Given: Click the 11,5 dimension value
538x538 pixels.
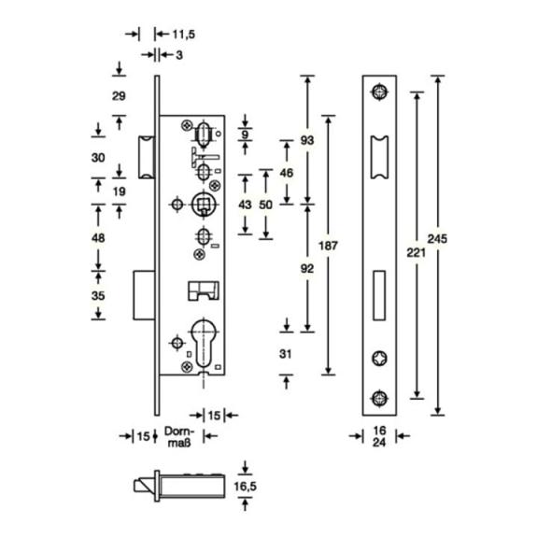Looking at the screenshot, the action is [x=184, y=35].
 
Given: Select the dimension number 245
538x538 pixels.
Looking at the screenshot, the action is [x=437, y=238].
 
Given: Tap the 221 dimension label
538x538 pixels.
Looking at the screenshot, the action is [x=416, y=253].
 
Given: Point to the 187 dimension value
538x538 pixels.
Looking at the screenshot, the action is [x=328, y=246].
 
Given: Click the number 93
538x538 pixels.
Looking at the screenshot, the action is [x=307, y=140].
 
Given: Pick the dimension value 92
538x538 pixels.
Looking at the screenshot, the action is [x=307, y=269].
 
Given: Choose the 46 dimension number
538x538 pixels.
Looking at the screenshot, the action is [x=287, y=173].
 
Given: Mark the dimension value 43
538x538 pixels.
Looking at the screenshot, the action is [x=245, y=205].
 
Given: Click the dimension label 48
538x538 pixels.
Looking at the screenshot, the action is [x=98, y=237].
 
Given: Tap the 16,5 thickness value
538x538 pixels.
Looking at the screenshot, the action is [x=245, y=487].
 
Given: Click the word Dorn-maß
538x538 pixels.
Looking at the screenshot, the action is [x=178, y=437].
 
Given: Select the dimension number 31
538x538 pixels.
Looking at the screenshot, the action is [x=286, y=354].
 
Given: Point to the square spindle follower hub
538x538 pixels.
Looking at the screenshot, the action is [x=205, y=205].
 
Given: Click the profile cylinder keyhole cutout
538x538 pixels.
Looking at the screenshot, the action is [x=204, y=342].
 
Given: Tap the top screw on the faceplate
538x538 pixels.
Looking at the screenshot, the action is [x=379, y=92].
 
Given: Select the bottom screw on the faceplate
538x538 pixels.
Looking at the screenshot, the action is [x=379, y=398].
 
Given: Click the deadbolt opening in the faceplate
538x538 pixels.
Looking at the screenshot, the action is [x=379, y=295].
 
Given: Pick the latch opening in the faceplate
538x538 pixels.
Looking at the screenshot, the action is [x=379, y=158].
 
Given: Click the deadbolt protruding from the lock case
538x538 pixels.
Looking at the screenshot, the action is [x=144, y=295].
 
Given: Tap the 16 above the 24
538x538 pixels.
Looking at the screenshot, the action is [x=379, y=431].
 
